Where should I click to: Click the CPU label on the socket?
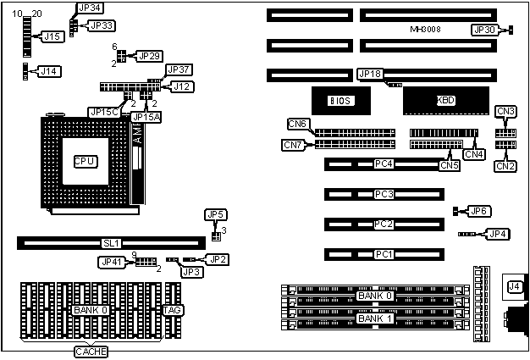click(x=86, y=161)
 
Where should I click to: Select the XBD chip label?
click(x=445, y=100)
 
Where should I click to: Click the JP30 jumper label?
click(x=485, y=30)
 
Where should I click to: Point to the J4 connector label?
click(x=513, y=287)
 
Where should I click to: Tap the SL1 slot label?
click(x=111, y=243)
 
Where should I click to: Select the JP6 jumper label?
click(x=479, y=211)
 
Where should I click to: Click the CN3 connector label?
click(x=506, y=112)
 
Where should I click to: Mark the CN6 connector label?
click(x=297, y=125)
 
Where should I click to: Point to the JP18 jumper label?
click(x=371, y=74)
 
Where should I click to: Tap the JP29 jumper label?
click(x=149, y=56)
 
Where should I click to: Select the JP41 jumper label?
click(x=112, y=262)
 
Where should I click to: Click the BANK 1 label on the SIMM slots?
click(x=374, y=318)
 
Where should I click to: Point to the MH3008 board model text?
click(x=426, y=30)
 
